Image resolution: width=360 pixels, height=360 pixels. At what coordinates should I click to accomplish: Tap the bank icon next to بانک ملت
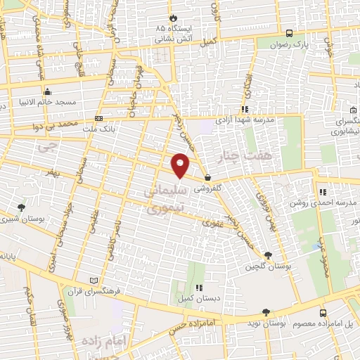98,119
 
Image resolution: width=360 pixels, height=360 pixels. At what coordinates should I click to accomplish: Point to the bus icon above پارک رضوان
290,32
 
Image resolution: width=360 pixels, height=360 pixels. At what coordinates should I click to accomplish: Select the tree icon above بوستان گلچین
267,256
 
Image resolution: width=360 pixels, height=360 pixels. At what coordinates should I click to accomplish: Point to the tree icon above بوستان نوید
266,312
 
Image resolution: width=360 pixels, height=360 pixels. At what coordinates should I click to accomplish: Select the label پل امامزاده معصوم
325,323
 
